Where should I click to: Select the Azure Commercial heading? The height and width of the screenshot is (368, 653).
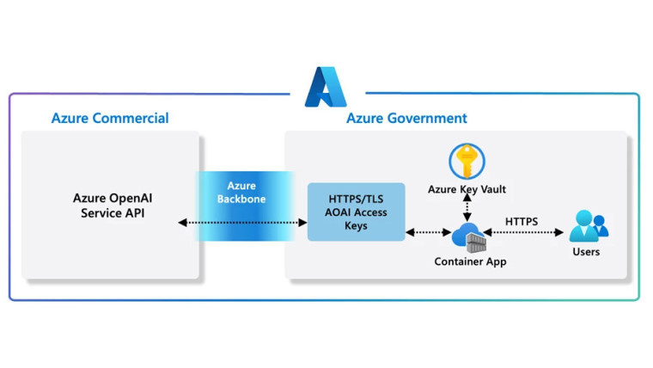tap(109, 118)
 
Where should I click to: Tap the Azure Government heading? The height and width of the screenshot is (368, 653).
tap(406, 118)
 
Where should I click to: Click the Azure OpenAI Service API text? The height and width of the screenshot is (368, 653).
tap(112, 205)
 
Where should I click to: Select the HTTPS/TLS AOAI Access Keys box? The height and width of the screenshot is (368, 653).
tap(356, 211)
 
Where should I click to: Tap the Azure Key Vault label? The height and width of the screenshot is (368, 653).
tap(467, 188)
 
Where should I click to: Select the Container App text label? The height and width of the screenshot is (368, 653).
tap(470, 261)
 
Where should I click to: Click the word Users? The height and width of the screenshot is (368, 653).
tap(586, 252)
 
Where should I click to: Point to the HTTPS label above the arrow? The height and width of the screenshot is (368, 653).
tap(522, 221)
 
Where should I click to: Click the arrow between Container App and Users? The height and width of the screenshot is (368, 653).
tap(524, 233)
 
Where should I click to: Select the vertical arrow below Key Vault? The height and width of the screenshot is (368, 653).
tap(467, 207)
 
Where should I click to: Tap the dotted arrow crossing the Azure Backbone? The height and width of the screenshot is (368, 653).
tap(242, 224)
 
